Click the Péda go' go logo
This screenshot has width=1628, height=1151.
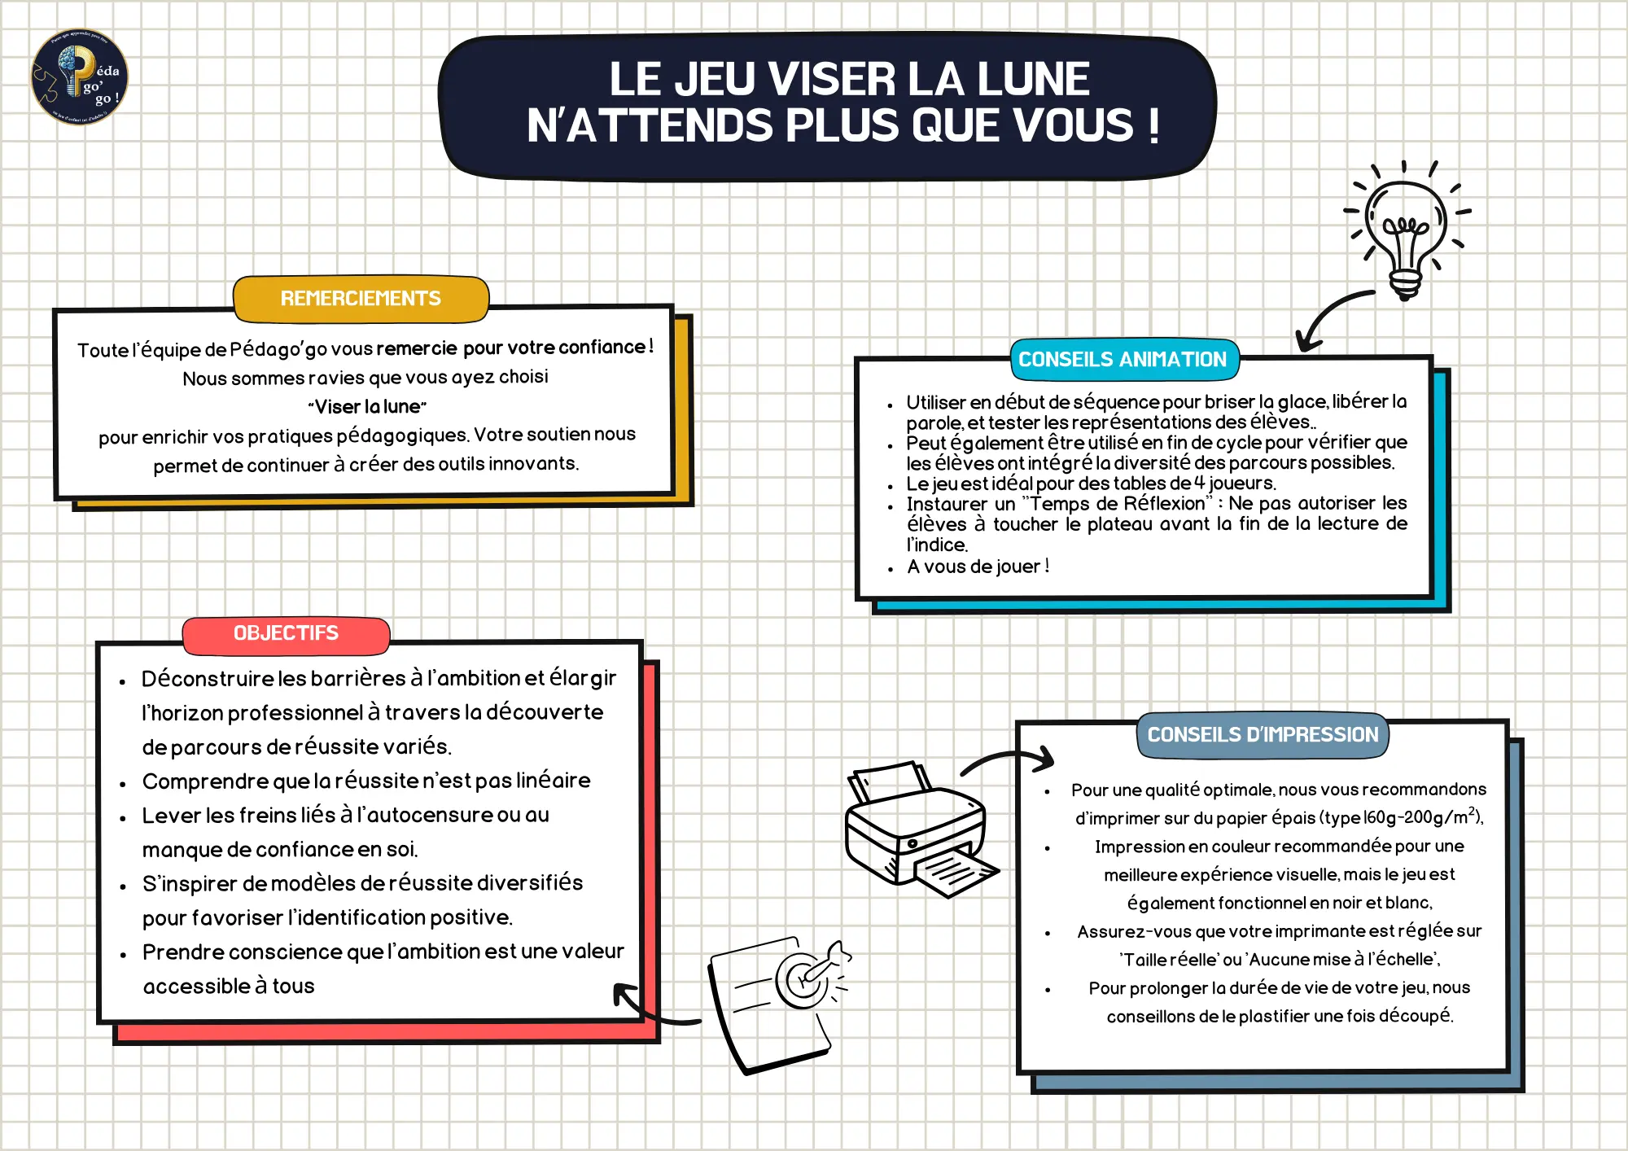tap(80, 77)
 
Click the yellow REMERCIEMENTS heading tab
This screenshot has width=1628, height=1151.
tap(361, 299)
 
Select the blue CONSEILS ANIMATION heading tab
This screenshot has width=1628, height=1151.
tap(1123, 360)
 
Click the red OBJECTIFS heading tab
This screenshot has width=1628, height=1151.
tap(286, 633)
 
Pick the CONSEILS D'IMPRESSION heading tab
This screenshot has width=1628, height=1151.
tap(1263, 735)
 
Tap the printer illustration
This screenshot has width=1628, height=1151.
tap(917, 830)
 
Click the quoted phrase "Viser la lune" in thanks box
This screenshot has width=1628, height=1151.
tap(367, 407)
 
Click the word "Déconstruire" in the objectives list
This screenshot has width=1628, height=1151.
tap(207, 679)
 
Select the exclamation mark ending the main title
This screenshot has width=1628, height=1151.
tap(1153, 127)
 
